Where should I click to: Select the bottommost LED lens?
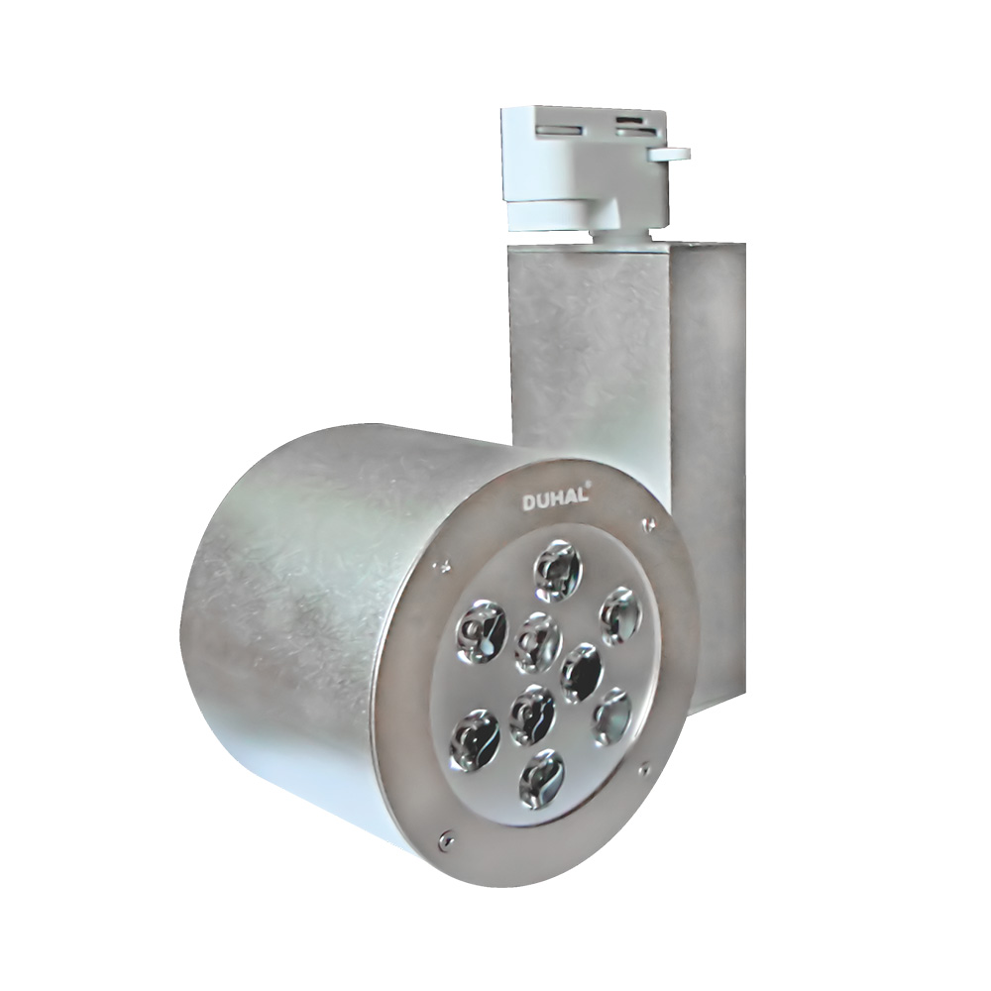(x=541, y=776)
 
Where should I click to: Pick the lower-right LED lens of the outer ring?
(x=612, y=717)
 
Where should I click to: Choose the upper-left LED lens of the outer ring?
(x=482, y=630)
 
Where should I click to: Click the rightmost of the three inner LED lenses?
(x=582, y=673)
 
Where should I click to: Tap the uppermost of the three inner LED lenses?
(x=538, y=643)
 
